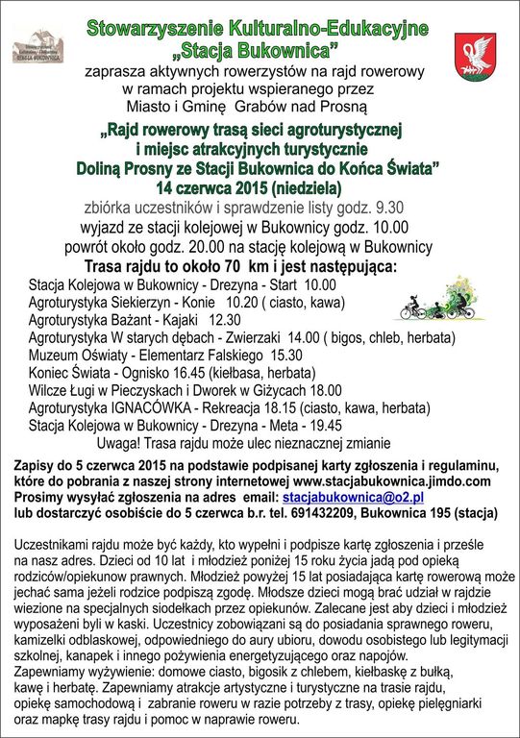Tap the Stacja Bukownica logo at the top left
click(x=39, y=48)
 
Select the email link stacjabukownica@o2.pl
click(x=353, y=498)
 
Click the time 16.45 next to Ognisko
click(x=198, y=373)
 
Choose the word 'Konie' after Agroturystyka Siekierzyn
click(x=198, y=303)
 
